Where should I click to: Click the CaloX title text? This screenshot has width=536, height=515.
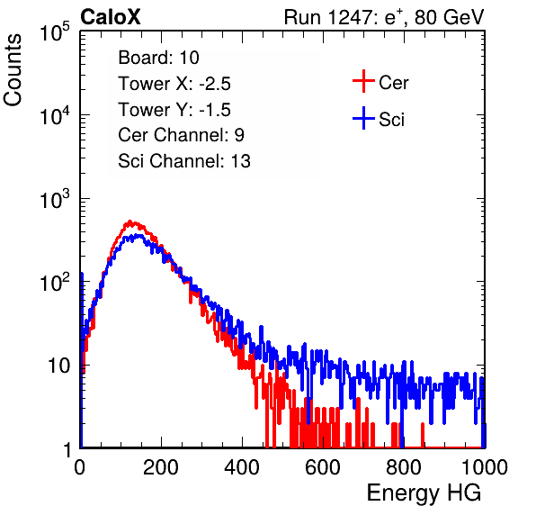tap(110, 17)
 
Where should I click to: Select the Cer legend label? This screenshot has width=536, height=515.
tap(393, 83)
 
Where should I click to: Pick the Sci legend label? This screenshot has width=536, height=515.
tap(392, 120)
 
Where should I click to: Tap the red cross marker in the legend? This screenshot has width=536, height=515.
tap(363, 81)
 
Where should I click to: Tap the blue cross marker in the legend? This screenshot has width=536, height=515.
tap(363, 118)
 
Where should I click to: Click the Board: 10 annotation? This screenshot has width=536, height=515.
tap(158, 58)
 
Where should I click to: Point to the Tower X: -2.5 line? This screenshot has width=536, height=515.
tap(174, 84)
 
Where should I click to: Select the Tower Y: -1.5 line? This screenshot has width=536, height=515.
tap(174, 110)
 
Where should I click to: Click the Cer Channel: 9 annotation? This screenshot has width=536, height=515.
tap(181, 135)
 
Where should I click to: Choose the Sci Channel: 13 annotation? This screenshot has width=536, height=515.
tap(184, 161)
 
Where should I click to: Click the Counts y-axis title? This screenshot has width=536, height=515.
tap(13, 70)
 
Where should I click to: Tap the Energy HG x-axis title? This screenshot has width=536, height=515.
tap(424, 492)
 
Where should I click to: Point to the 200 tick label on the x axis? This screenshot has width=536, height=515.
tap(161, 467)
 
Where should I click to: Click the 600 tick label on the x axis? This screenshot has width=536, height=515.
tap(323, 467)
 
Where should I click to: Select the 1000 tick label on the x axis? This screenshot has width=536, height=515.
tap(485, 467)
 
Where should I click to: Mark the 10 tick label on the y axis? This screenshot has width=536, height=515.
tap(58, 366)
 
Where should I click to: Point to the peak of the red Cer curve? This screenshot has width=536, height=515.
tap(130, 221)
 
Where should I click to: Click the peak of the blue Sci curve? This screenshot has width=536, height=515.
tap(138, 235)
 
